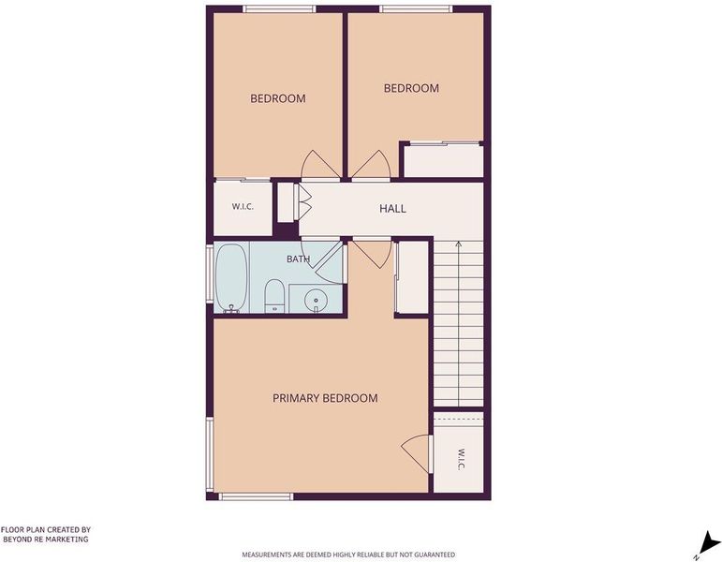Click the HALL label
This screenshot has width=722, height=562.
tap(392, 209)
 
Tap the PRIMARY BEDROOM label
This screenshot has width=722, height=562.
tap(325, 398)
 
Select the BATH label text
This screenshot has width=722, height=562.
tap(299, 259)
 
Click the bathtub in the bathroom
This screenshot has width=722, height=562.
tap(231, 278)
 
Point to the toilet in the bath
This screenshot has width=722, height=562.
tap(275, 296)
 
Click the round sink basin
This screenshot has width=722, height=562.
tap(316, 301)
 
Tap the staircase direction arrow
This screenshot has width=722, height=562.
tap(458, 322)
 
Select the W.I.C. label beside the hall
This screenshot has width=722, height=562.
tap(243, 206)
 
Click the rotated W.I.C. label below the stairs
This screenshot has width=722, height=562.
tap(461, 459)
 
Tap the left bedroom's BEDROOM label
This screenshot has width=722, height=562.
tap(278, 98)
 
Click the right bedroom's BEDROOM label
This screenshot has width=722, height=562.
tap(411, 88)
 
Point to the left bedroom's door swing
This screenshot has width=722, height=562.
tap(320, 165)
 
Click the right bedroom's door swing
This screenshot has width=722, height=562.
tap(371, 165)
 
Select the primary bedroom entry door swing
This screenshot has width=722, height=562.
tap(371, 253)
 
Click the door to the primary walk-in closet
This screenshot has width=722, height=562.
tap(417, 452)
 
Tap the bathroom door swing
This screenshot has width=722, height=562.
tap(330, 262)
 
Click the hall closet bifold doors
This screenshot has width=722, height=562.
tap(303, 202)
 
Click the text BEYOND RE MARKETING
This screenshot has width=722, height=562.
tap(46, 539)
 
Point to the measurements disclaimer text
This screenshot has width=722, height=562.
tap(348, 555)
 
